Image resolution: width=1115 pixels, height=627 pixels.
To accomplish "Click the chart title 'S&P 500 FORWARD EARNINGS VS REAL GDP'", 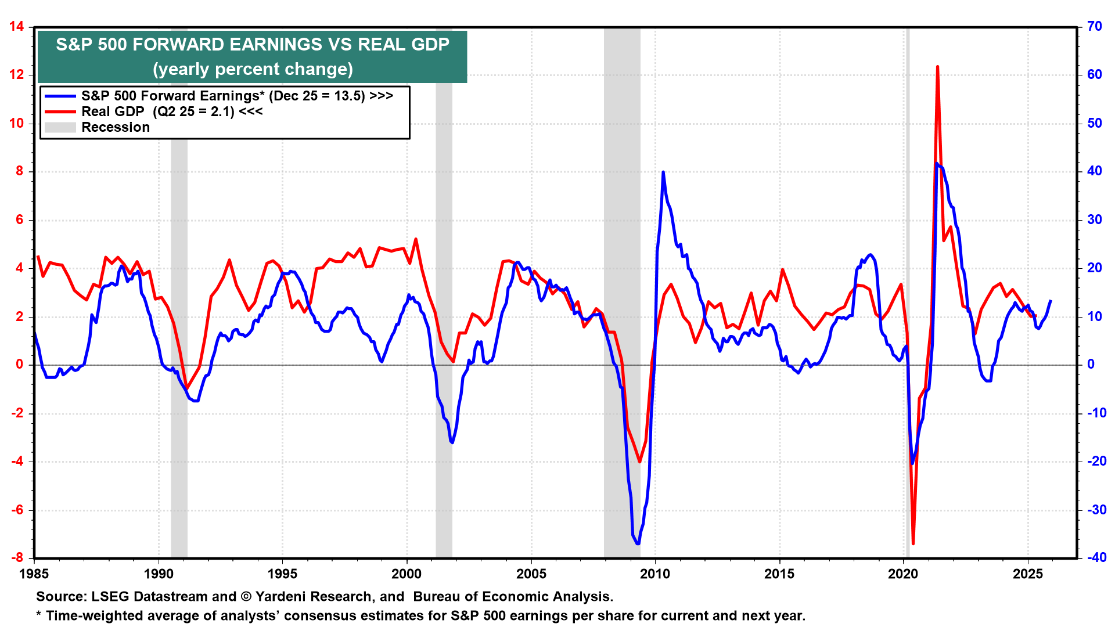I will (x=253, y=45).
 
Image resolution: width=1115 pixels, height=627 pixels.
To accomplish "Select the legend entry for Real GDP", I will (x=172, y=111).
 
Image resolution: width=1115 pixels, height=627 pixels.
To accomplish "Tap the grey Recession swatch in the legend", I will (x=60, y=127).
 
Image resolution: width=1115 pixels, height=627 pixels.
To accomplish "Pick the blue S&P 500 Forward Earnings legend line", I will (x=60, y=96).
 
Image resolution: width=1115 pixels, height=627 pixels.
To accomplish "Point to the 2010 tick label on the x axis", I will (x=655, y=574).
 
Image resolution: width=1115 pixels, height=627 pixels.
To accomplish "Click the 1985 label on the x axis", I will (x=34, y=574).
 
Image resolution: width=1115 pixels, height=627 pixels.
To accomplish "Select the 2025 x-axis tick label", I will (x=1028, y=574).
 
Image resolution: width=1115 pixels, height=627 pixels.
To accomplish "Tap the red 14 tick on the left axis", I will (x=16, y=27).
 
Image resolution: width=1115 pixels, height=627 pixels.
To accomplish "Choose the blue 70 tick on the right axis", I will (x=1095, y=27).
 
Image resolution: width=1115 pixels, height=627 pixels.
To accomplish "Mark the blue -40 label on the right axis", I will (x=1096, y=558).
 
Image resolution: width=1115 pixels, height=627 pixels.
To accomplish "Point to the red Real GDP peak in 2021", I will (x=937, y=67).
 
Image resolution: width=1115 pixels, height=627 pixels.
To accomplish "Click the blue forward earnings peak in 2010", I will (x=663, y=172).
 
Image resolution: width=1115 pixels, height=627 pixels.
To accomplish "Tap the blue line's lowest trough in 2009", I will (x=638, y=543).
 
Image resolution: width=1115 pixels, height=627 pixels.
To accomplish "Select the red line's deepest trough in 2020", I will (x=913, y=543).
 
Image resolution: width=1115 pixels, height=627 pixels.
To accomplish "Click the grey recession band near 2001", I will (x=444, y=290).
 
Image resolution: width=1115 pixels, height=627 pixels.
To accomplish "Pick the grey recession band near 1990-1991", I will (x=179, y=290).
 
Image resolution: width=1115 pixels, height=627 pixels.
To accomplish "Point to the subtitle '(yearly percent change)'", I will (x=253, y=69).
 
